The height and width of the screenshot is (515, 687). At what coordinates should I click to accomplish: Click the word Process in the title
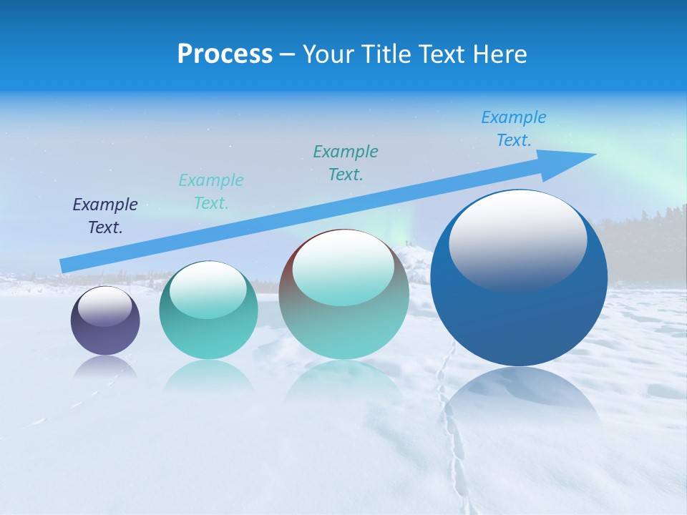[x=225, y=54]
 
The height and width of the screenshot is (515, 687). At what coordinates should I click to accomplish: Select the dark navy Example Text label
[x=105, y=215]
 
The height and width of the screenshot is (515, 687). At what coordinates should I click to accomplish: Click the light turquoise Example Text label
[x=211, y=191]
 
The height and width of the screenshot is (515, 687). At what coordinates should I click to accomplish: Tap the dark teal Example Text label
[x=346, y=162]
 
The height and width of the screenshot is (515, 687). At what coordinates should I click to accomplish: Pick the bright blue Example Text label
[x=513, y=128]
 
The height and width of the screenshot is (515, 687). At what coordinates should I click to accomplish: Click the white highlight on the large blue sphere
[x=517, y=240]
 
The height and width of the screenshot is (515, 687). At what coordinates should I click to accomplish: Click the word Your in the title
[x=326, y=54]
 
